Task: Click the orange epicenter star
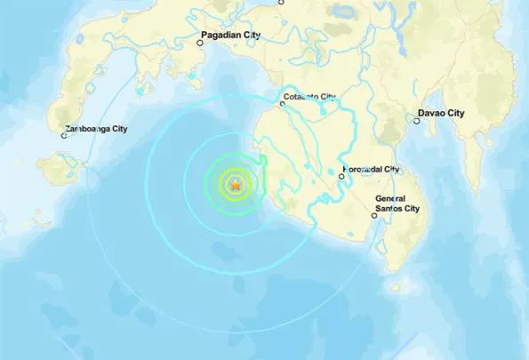click(x=236, y=185)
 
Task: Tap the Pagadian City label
click(x=232, y=35)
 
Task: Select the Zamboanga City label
click(x=97, y=129)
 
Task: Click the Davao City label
click(x=442, y=114)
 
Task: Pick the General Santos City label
click(x=397, y=204)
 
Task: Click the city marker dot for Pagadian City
click(x=200, y=41)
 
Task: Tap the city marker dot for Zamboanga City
click(x=65, y=136)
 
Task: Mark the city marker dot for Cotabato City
click(x=282, y=104)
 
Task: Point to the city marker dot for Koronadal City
click(x=341, y=177)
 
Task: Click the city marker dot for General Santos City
click(x=373, y=215)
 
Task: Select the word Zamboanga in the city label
click(x=88, y=129)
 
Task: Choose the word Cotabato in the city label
click(x=301, y=96)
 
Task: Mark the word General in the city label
click(x=391, y=198)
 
